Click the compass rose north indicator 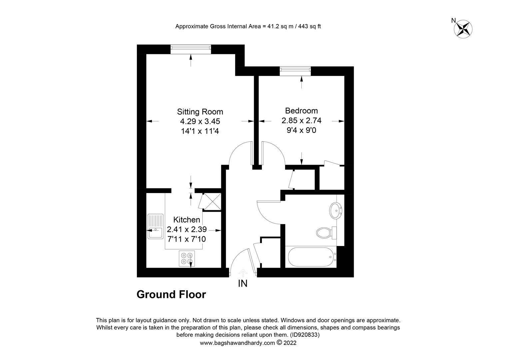pyautogui.click(x=463, y=28)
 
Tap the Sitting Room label pyautogui.click(x=200, y=112)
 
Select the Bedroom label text pyautogui.click(x=301, y=111)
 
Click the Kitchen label pyautogui.click(x=187, y=220)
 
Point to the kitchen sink pyautogui.click(x=156, y=227)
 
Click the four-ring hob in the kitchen pyautogui.click(x=186, y=258)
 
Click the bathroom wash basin pyautogui.click(x=335, y=211)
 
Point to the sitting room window pyautogui.click(x=191, y=49)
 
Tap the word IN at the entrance pyautogui.click(x=243, y=284)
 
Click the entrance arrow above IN pyautogui.click(x=243, y=273)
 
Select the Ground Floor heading pyautogui.click(x=171, y=295)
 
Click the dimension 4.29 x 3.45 pyautogui.click(x=200, y=121)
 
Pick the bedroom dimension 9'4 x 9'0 pyautogui.click(x=301, y=130)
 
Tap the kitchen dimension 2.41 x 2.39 pyautogui.click(x=187, y=229)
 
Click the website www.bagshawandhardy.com pyautogui.click(x=237, y=343)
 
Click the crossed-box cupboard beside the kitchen pyautogui.click(x=212, y=201)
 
